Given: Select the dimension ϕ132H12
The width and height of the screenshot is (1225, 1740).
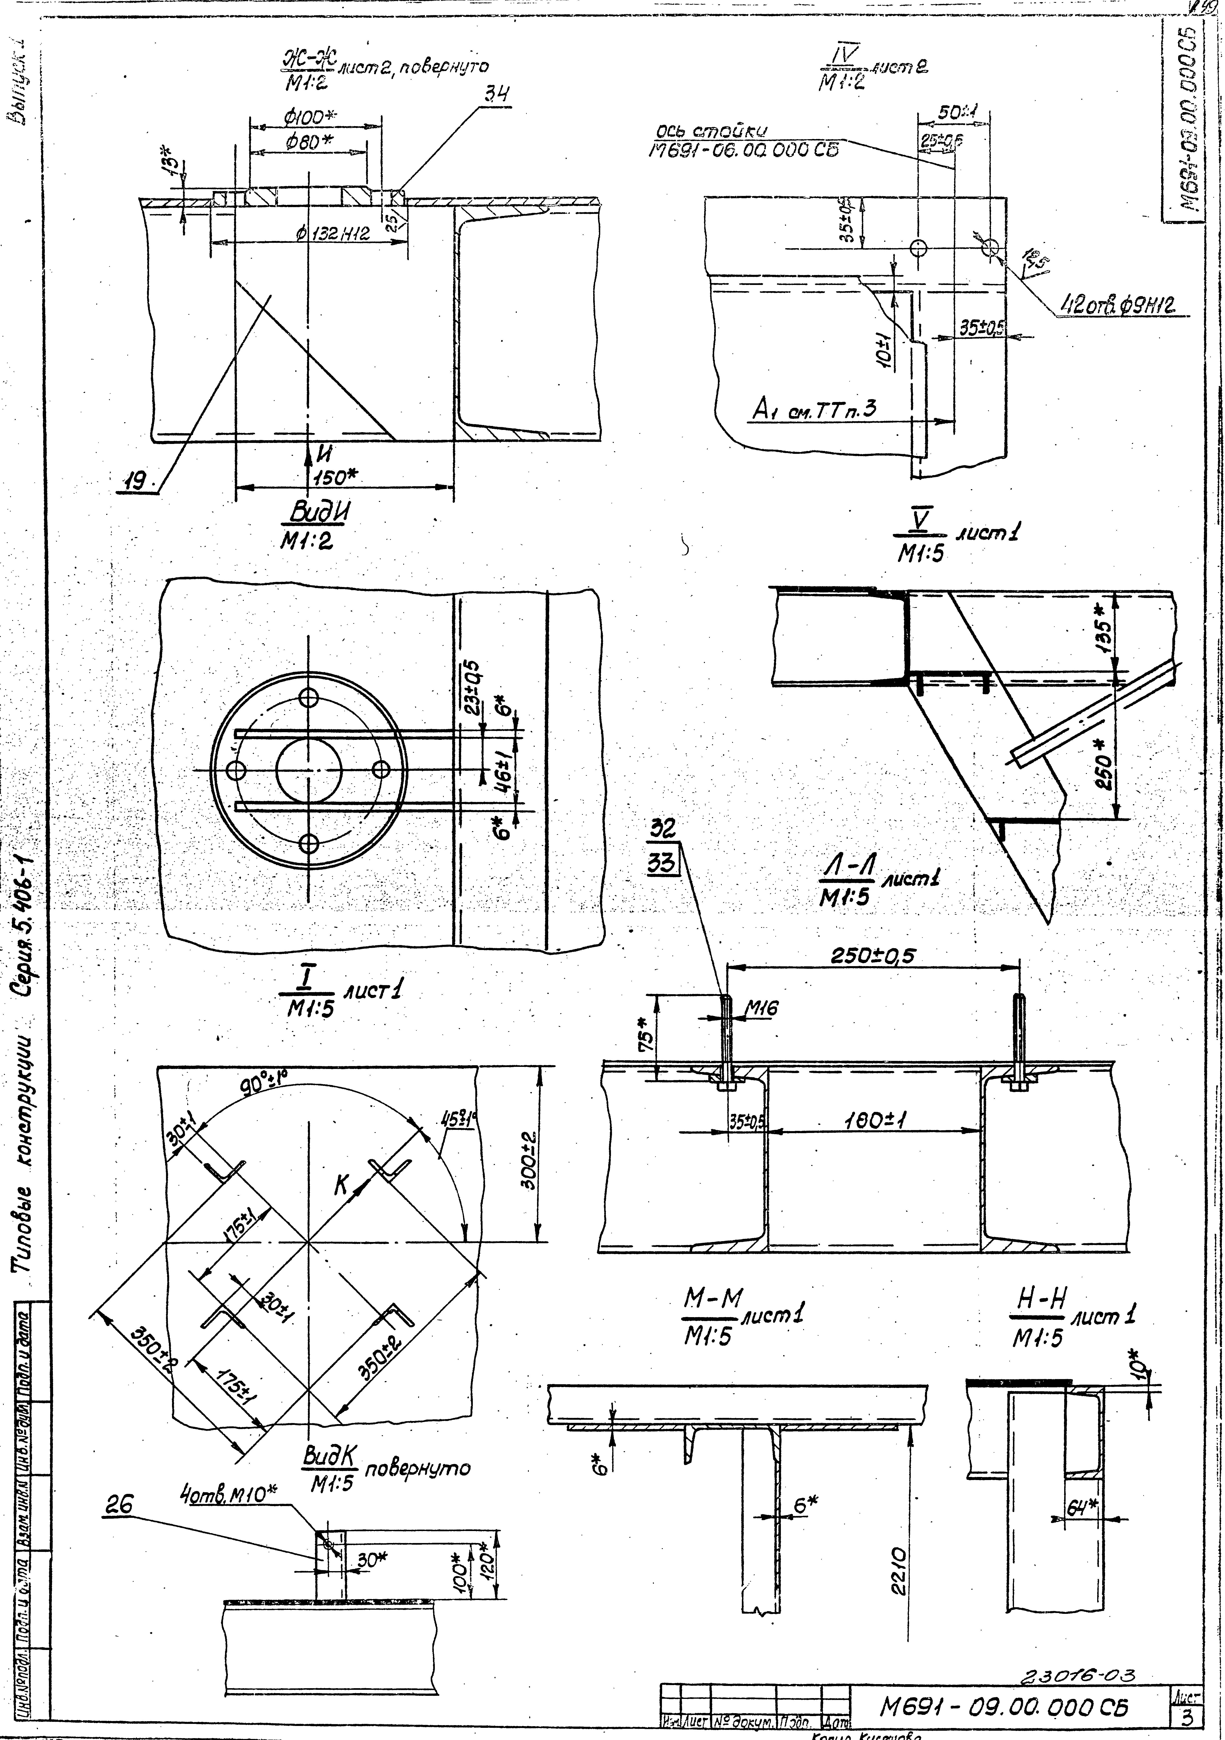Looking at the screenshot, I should tap(333, 234).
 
